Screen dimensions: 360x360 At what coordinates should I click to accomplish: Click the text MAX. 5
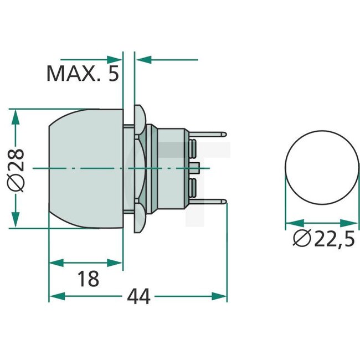click(82, 73)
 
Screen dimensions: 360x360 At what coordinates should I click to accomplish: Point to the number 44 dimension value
click(138, 297)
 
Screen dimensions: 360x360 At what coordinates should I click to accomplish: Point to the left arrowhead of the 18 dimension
click(54, 261)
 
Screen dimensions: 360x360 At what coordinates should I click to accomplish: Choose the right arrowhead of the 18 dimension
click(117, 261)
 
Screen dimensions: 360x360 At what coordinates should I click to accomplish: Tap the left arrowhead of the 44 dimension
click(54, 297)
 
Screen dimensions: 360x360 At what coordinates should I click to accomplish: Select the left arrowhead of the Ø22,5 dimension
click(289, 225)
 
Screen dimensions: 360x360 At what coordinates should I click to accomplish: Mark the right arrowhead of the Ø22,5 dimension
click(354, 225)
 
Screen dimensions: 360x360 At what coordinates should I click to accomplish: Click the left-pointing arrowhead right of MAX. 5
click(141, 59)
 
